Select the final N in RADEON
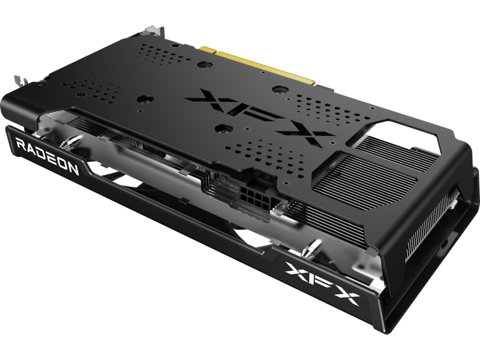point(73,169)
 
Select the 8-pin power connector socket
point(256,197)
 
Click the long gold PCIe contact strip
point(266,68)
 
